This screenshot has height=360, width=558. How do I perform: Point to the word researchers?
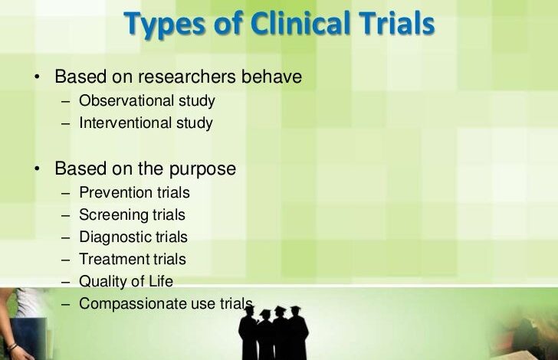(x=191, y=77)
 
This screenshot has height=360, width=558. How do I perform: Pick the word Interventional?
(x=126, y=123)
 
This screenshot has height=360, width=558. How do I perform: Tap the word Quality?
(x=103, y=282)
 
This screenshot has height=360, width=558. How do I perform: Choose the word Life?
(x=162, y=281)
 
